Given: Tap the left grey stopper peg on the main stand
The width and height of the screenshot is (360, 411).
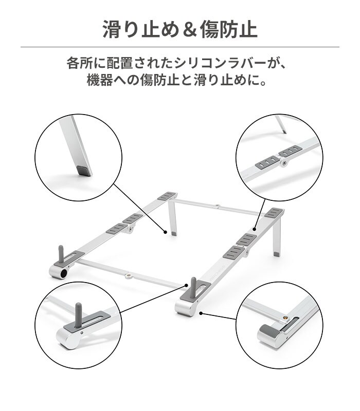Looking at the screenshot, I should point(62,254).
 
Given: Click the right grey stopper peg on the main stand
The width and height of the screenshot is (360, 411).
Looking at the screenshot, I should point(194,286).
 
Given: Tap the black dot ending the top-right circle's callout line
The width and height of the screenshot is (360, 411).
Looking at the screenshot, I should point(255,230).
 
